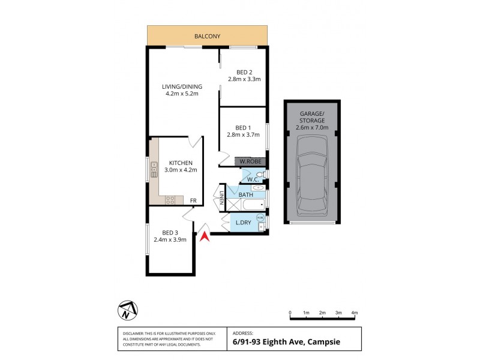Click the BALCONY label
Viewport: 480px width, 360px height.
click(207, 37)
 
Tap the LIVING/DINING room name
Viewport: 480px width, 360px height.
click(182, 86)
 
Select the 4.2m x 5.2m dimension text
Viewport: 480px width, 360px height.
click(182, 94)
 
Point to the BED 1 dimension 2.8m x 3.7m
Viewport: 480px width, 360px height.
click(244, 135)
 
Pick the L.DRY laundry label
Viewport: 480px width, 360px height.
click(243, 223)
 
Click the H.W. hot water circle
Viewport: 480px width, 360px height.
click(260, 217)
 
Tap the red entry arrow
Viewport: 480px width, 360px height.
click(205, 237)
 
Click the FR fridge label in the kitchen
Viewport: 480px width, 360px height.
click(193, 201)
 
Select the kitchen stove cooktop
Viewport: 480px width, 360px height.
click(170, 200)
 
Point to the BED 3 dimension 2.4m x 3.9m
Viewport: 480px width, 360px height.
click(170, 239)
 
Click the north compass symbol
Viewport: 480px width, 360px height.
click(126, 311)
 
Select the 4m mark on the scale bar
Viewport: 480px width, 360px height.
click(354, 313)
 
